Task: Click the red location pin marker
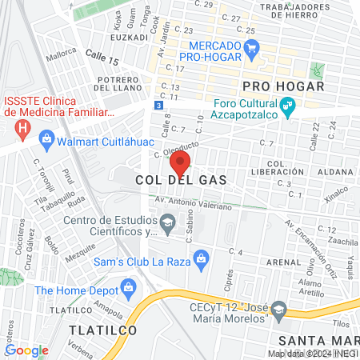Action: [x=180, y=163]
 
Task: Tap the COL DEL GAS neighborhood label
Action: [x=180, y=181]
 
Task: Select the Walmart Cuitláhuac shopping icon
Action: [x=46, y=139]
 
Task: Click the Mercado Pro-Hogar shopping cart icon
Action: [x=252, y=48]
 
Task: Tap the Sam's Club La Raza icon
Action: [x=202, y=257]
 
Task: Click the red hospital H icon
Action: [x=24, y=126]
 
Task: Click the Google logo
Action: [x=26, y=350]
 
